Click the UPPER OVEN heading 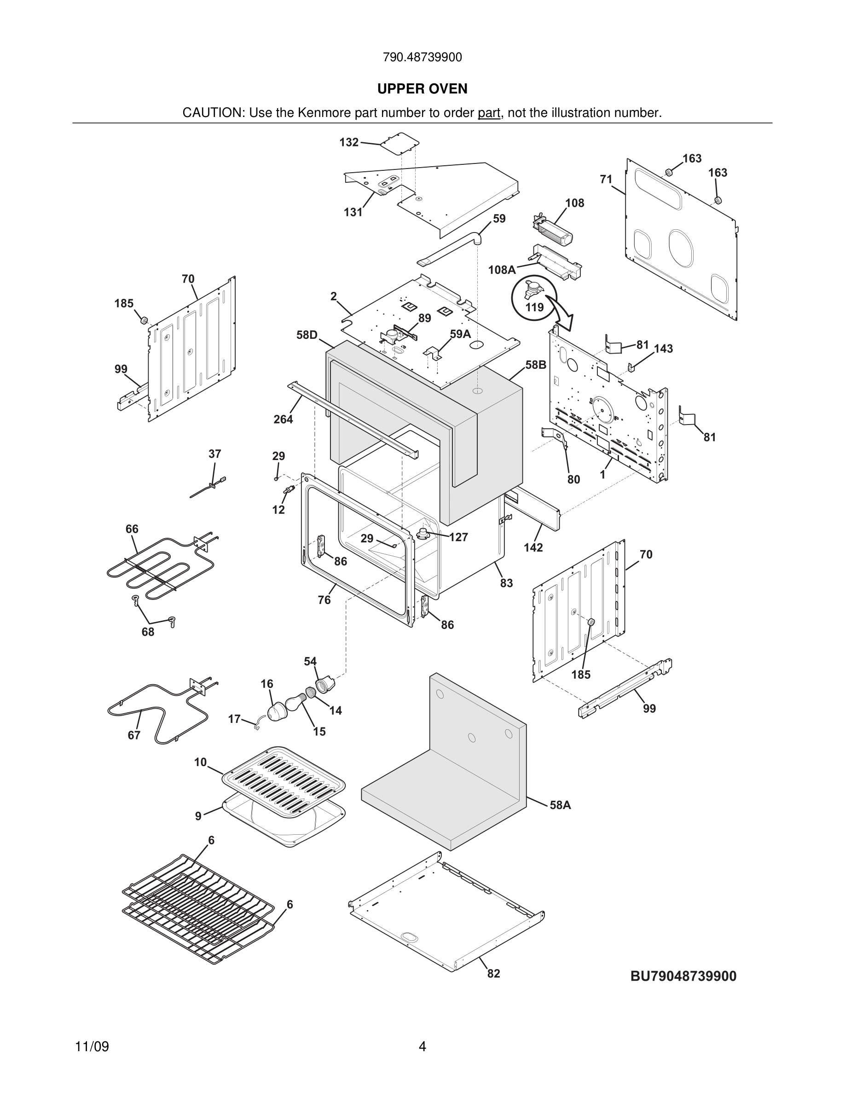click(422, 89)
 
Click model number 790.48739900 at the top click(422, 57)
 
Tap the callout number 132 click(349, 142)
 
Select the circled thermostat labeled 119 click(533, 297)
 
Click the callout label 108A click(502, 270)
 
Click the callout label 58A click(560, 805)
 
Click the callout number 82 click(493, 973)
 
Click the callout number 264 click(283, 419)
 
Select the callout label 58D click(307, 335)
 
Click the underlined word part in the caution click(489, 113)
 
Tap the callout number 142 click(533, 547)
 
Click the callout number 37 click(214, 454)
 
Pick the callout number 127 click(458, 537)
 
